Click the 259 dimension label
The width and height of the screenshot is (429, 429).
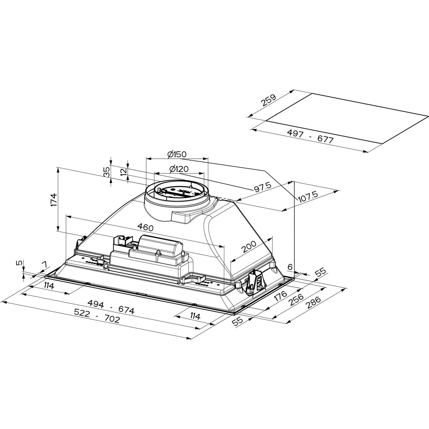pos(268,102)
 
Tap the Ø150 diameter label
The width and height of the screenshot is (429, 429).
pos(177,154)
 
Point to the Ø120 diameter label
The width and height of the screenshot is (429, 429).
pos(179,169)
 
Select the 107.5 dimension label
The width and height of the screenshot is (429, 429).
pos(308,197)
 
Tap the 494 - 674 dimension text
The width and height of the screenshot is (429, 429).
pos(111,307)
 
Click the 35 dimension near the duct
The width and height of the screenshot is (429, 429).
pos(106,172)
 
